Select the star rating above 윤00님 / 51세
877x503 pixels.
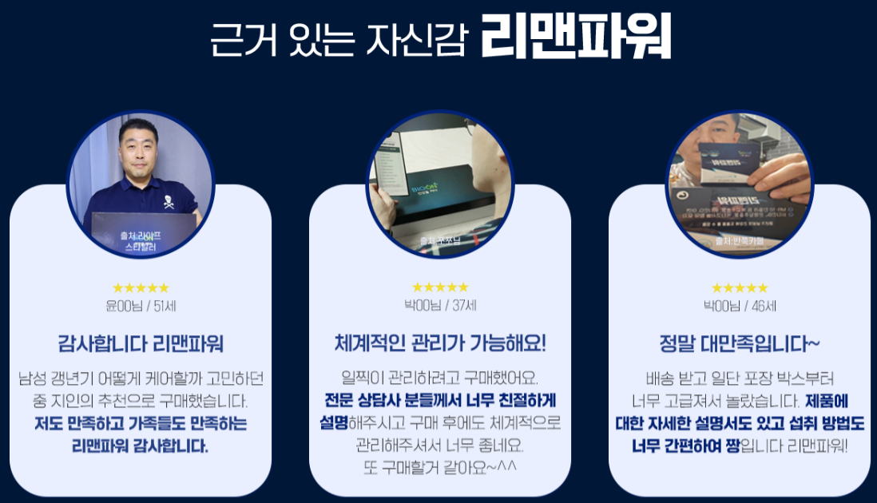tap(141, 288)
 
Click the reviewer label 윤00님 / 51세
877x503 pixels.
tap(141, 306)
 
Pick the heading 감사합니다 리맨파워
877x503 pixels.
tap(141, 344)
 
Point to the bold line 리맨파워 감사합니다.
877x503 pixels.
tap(141, 446)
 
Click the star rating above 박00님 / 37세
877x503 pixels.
tap(440, 287)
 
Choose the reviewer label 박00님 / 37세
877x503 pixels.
tap(440, 306)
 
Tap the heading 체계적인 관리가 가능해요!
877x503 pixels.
tap(440, 344)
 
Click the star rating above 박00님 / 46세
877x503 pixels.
tap(740, 288)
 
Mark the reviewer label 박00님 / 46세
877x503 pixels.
tap(740, 306)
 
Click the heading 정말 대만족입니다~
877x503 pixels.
tap(740, 344)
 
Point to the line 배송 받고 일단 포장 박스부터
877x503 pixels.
tap(740, 378)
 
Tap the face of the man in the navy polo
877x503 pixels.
tap(138, 147)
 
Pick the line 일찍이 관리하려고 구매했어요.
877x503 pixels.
tap(440, 378)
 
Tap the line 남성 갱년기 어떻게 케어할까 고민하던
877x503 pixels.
tap(141, 378)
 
